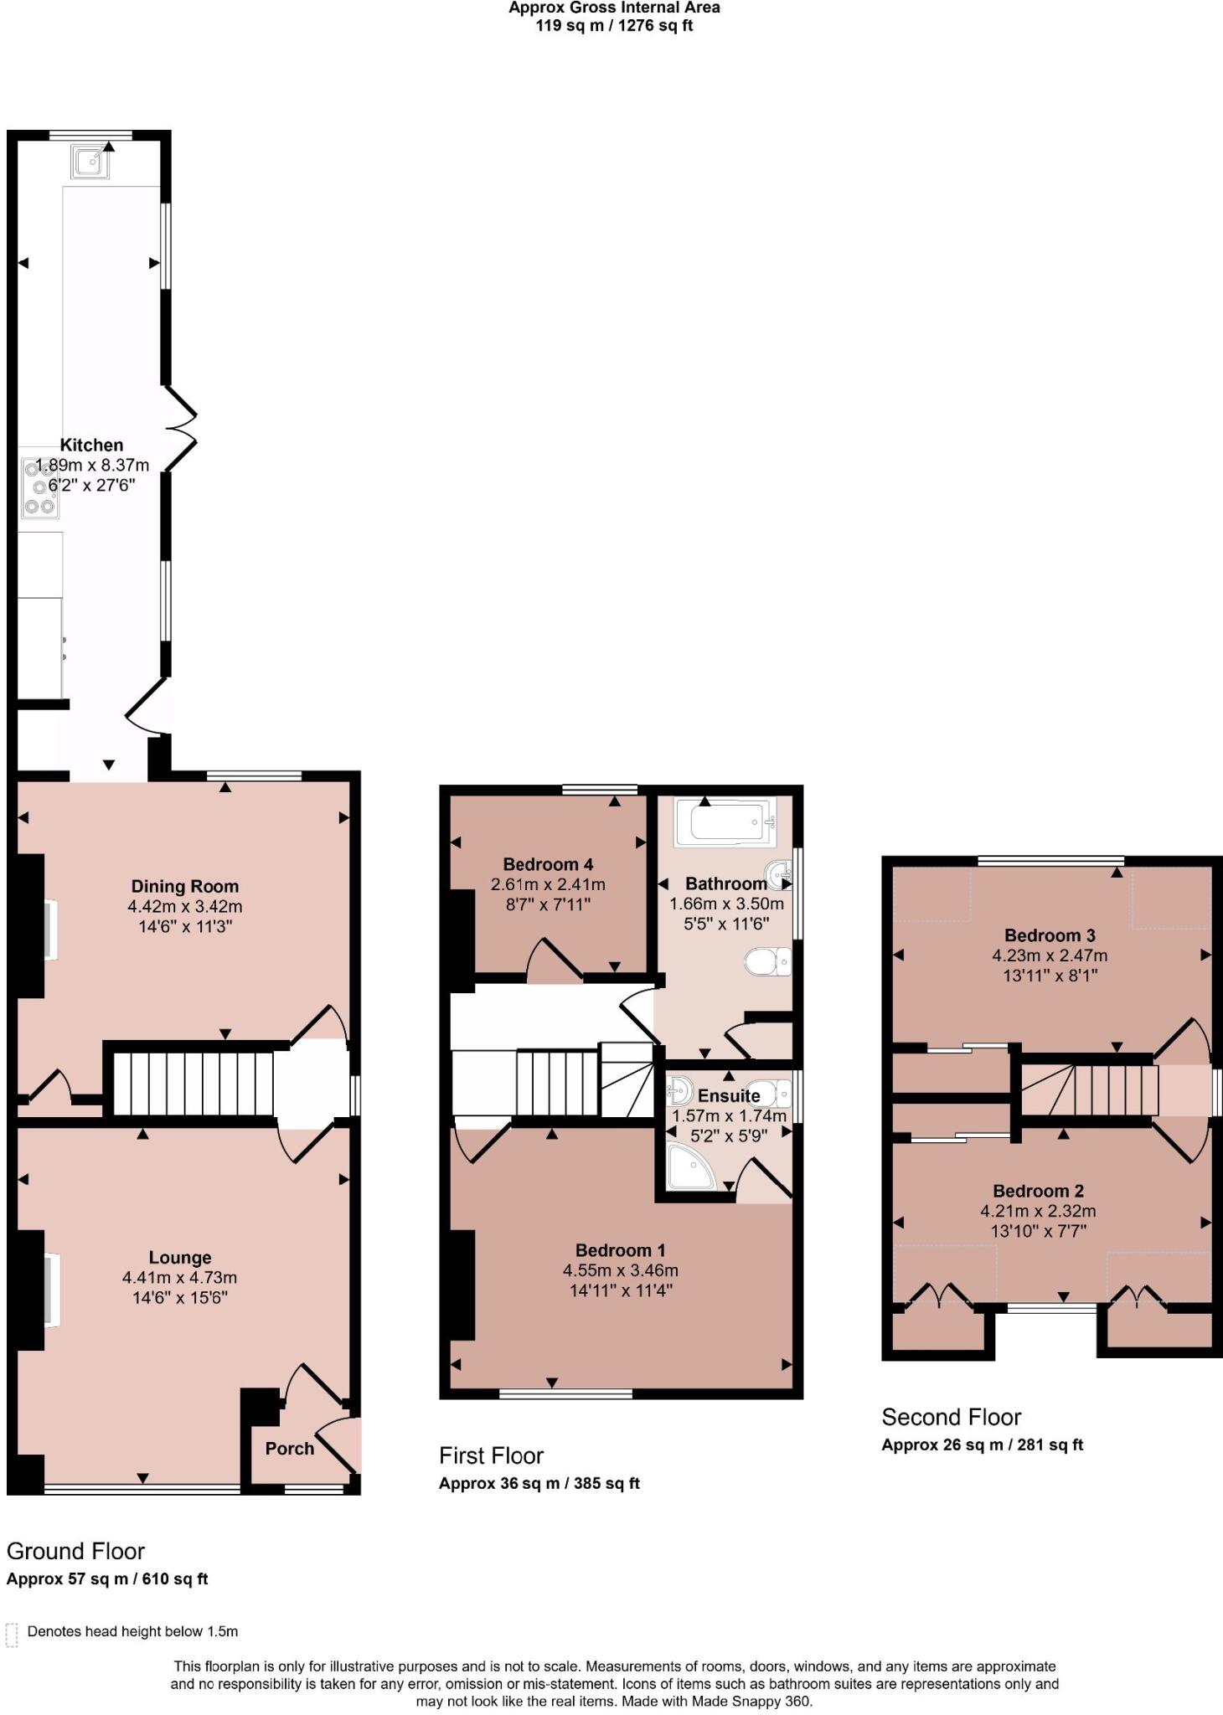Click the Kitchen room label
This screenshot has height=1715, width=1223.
pyautogui.click(x=91, y=445)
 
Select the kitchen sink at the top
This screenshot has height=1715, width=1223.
pyautogui.click(x=90, y=162)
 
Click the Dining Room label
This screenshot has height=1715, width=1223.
pyautogui.click(x=184, y=886)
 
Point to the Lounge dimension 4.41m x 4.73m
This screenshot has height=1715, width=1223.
pyautogui.click(x=179, y=1277)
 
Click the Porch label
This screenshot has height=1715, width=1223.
pyautogui.click(x=290, y=1448)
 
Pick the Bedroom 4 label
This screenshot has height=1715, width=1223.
pyautogui.click(x=548, y=864)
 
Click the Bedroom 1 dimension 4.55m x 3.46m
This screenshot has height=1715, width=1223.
pyautogui.click(x=620, y=1270)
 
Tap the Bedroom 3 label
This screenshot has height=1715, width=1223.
pyautogui.click(x=1050, y=935)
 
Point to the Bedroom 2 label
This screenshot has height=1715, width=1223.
pyautogui.click(x=1038, y=1190)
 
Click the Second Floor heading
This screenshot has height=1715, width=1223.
pyautogui.click(x=951, y=1417)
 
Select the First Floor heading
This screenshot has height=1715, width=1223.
pyautogui.click(x=491, y=1455)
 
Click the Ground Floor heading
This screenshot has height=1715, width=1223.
pyautogui.click(x=75, y=1551)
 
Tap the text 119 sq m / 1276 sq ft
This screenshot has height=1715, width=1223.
pyautogui.click(x=614, y=25)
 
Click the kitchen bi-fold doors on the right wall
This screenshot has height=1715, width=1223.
pyautogui.click(x=180, y=427)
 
